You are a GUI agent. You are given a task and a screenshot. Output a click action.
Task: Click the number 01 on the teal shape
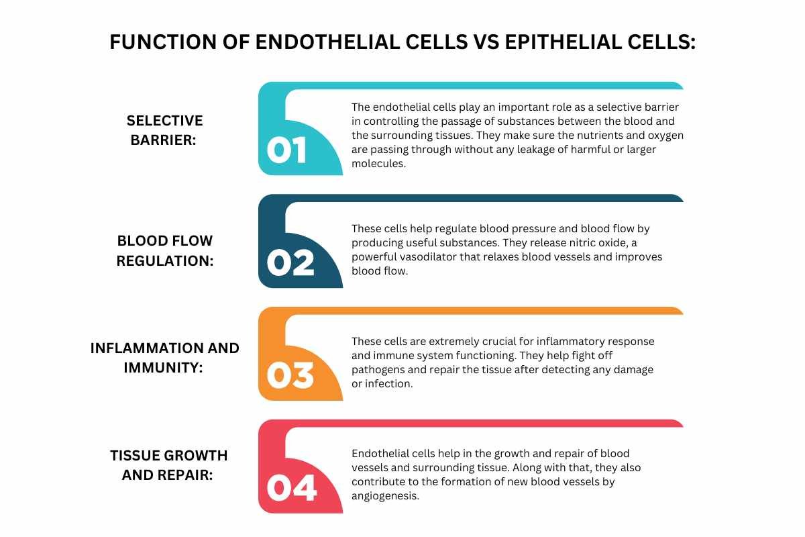coord(286,150)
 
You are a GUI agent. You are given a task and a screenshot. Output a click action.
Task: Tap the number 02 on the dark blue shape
coord(290,263)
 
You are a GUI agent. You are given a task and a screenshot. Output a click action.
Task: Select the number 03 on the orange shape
coord(290,375)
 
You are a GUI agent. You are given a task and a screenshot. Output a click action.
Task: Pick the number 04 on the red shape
coord(291,488)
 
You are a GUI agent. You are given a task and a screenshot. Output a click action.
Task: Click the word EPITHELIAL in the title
coord(563,42)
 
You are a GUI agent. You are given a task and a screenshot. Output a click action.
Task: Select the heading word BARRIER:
coord(164,140)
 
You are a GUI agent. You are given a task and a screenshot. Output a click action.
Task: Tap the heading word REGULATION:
coord(165,260)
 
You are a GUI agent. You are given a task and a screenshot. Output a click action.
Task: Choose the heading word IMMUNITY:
coord(164,368)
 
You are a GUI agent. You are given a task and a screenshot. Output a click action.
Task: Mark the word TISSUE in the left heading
coord(133,455)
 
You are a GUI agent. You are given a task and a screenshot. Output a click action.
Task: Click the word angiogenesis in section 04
coord(384,496)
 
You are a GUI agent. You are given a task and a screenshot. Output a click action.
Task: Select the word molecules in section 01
coord(378,163)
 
